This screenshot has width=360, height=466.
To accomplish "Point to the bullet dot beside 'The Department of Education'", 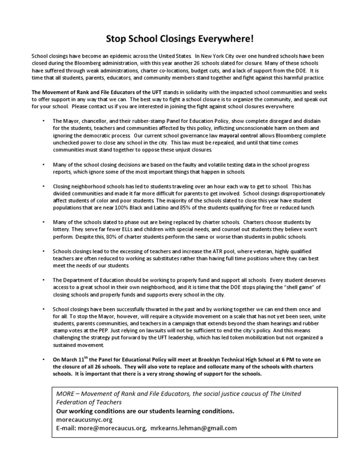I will coord(43,280).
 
